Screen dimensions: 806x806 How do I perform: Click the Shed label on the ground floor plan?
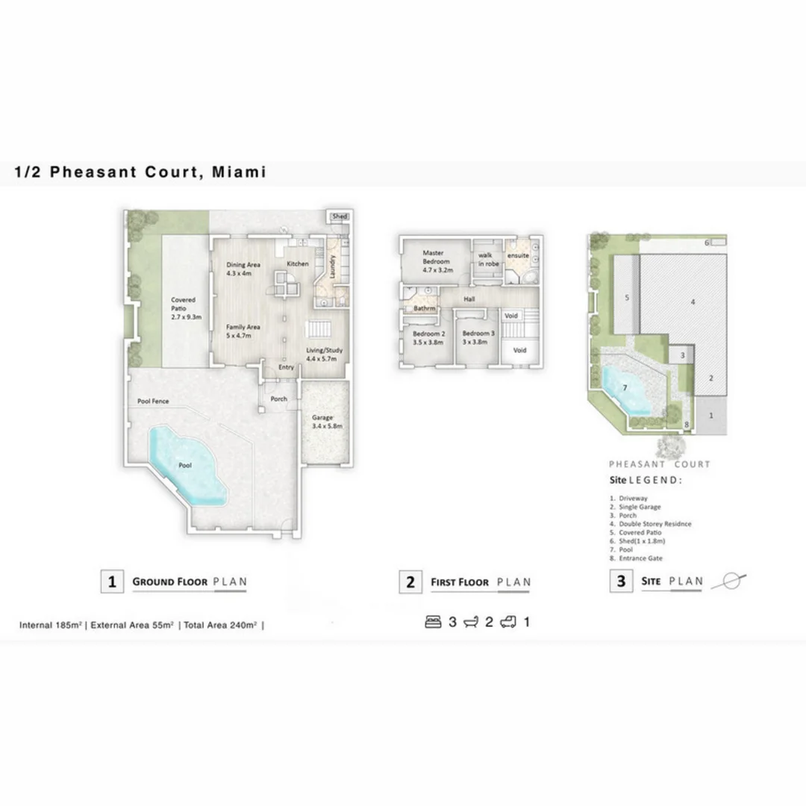[x=340, y=216]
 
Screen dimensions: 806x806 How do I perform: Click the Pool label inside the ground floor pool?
[x=185, y=465]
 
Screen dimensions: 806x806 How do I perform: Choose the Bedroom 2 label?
[x=428, y=338]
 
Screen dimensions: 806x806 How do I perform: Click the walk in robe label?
[x=488, y=259]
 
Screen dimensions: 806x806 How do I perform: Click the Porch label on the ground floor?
[x=278, y=399]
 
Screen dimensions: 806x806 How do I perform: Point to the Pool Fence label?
[x=153, y=402]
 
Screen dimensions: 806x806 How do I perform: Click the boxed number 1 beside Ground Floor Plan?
[x=112, y=582]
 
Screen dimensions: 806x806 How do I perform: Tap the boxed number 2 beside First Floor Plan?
[x=410, y=582]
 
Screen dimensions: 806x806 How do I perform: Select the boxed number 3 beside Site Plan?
[x=621, y=581]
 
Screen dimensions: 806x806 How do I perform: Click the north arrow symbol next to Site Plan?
[x=729, y=581]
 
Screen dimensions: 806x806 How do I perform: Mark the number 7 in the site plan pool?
[x=625, y=387]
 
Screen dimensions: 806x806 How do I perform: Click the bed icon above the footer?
[x=433, y=622]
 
